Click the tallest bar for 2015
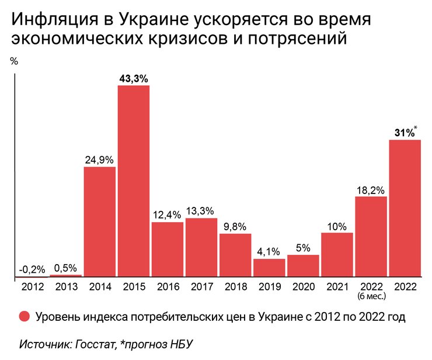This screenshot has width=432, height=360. coord(134,181)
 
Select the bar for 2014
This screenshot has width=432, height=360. coord(99,222)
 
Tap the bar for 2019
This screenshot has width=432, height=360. coord(269,268)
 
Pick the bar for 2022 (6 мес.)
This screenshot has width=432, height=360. coord(371,237)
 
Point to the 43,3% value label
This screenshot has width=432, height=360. coord(133,78)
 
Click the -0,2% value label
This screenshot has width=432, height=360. coord(32,269)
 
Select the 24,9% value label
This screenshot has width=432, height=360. coord(99,160)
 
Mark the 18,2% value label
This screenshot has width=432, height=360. coord(371,189)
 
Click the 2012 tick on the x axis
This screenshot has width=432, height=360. coord(32,286)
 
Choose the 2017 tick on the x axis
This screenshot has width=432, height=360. coord(201,286)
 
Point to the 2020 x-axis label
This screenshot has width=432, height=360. coord(303,286)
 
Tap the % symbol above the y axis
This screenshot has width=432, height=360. coord(15,61)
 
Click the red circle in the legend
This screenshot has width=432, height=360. coord(24,317)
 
